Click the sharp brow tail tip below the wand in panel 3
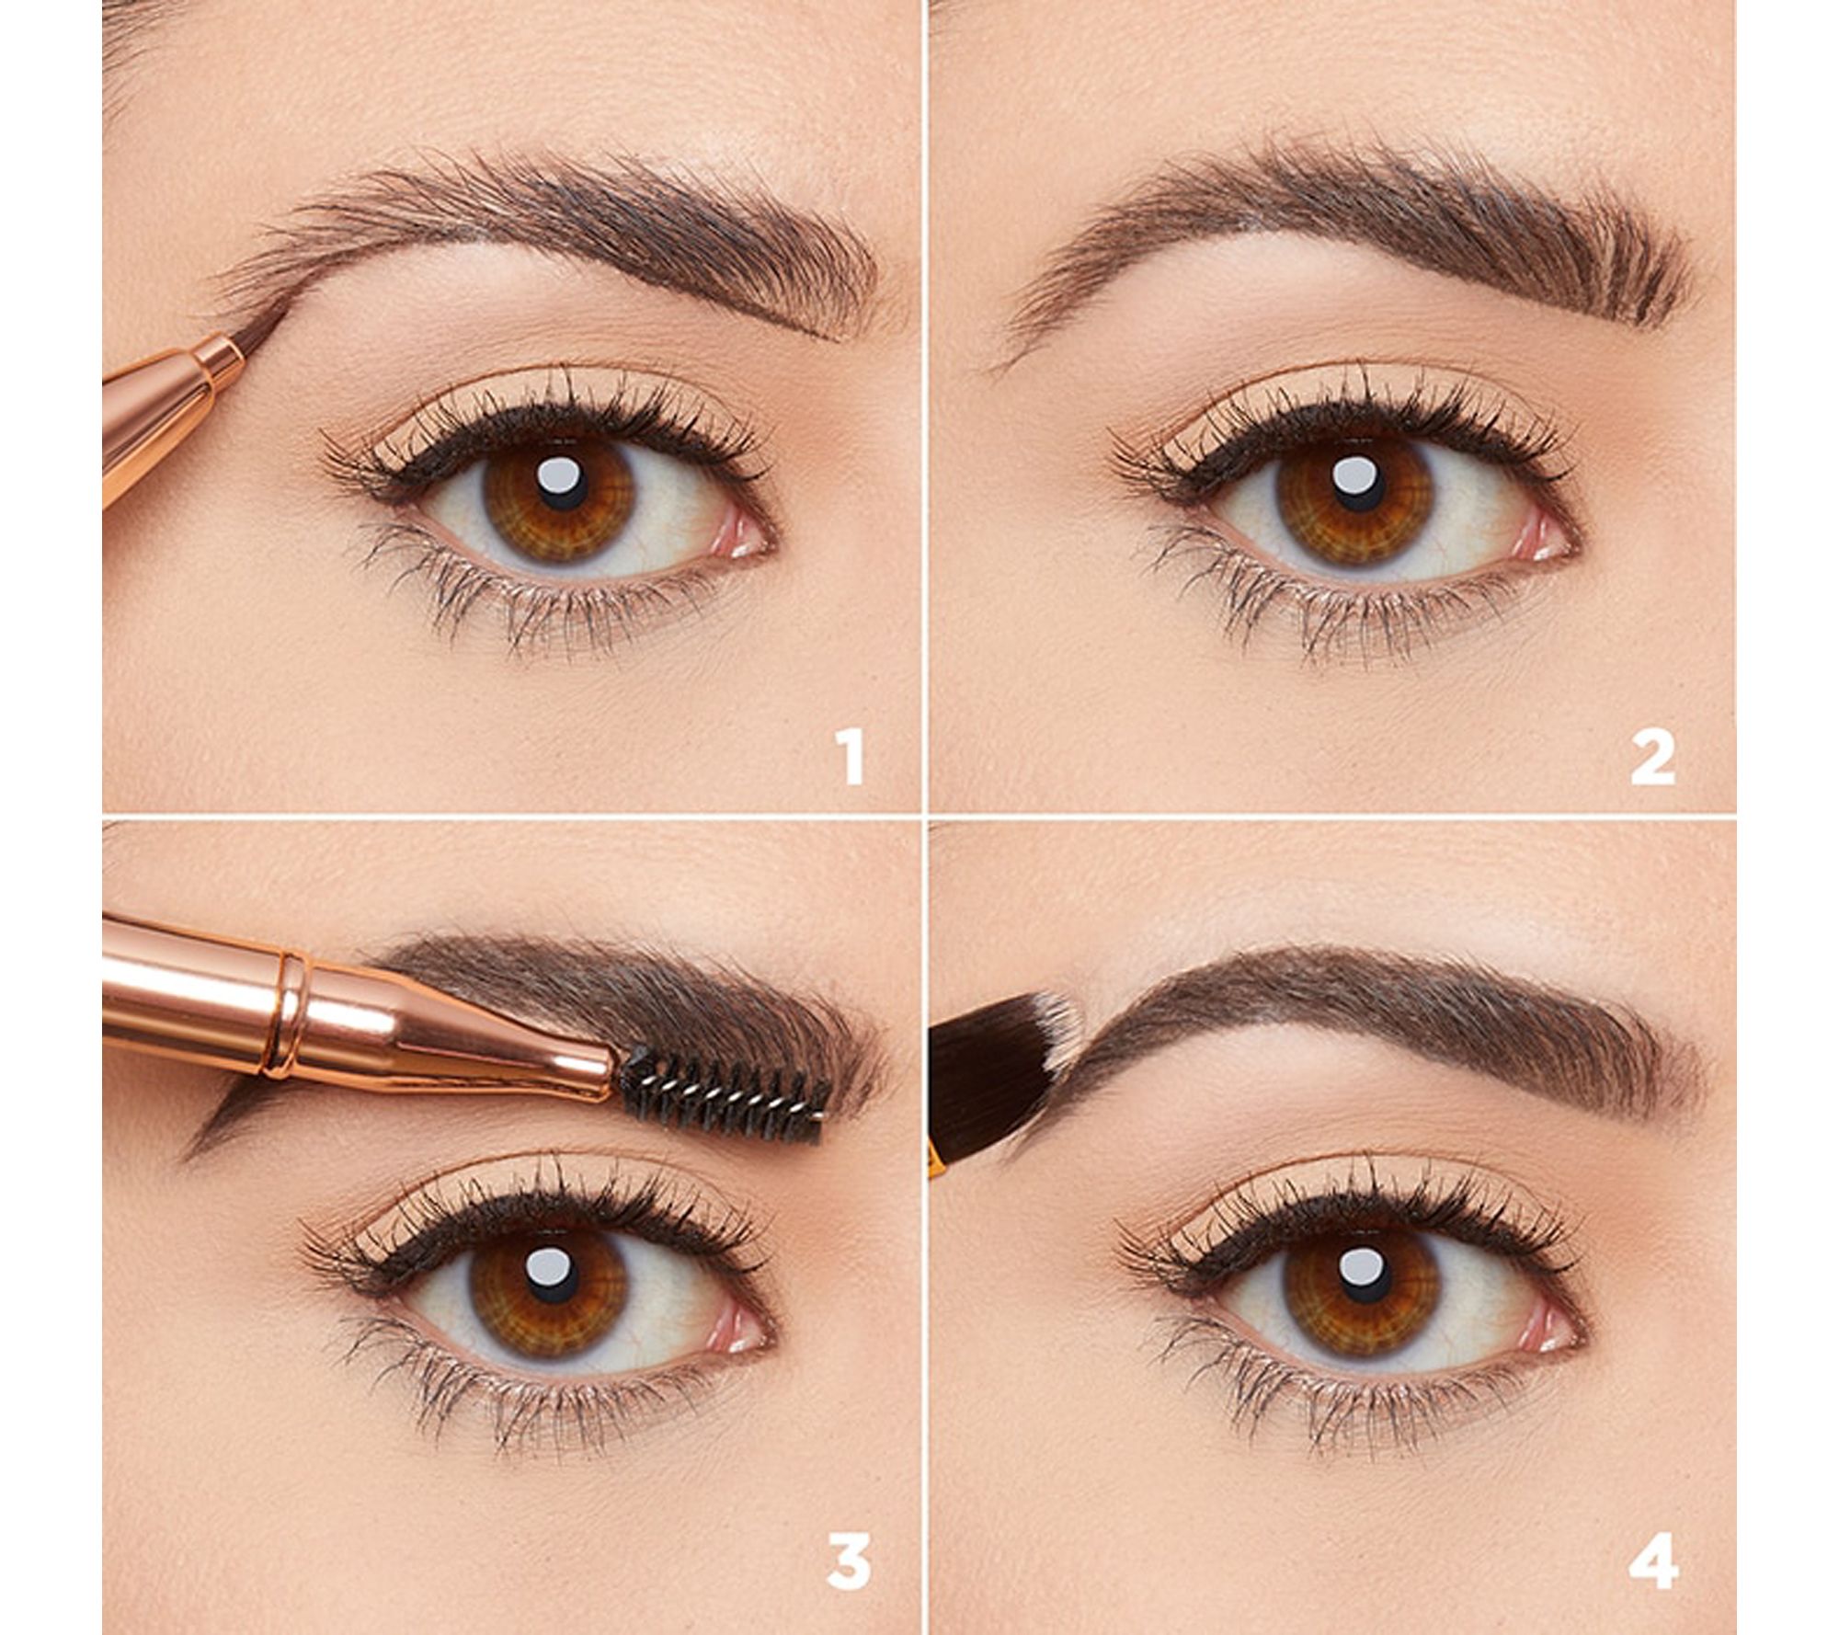(188, 1154)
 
